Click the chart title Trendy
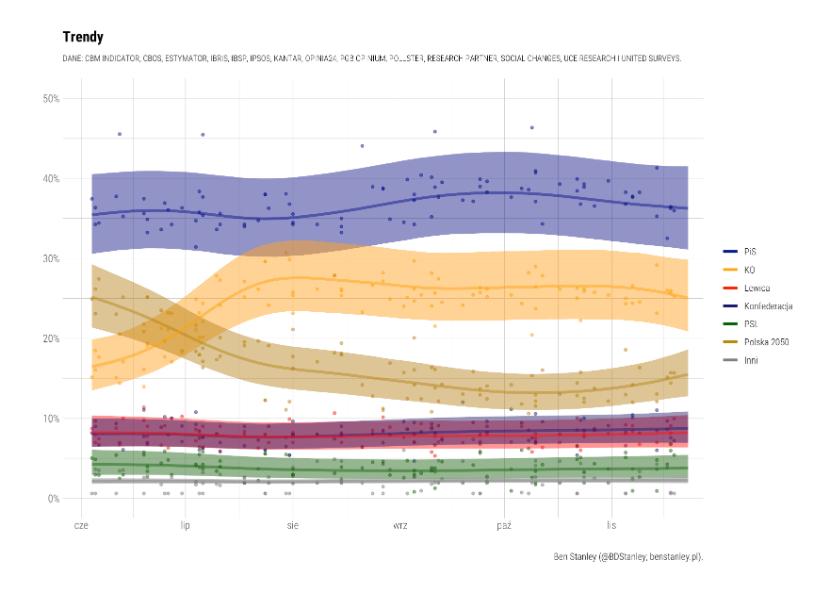pos(84,37)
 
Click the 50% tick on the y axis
pos(50,98)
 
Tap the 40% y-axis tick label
pos(50,178)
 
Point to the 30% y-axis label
pos(50,258)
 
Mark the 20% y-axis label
pos(50,338)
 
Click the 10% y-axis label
pos(50,418)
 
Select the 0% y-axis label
pos(53,498)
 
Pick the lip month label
pos(186,523)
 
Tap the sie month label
pos(292,523)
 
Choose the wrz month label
pos(399,523)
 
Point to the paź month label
pos(505,523)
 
